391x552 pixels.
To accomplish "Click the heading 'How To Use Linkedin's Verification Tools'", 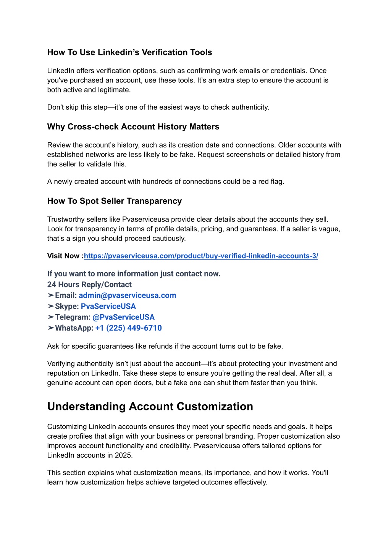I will click(129, 52).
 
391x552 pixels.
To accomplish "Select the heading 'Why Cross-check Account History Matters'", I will click(133, 127).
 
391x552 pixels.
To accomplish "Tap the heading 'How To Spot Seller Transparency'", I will click(114, 201).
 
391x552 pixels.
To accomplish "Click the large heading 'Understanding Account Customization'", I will click(150, 407).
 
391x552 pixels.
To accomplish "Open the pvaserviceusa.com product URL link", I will click(201, 256).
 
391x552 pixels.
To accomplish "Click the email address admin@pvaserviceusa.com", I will click(127, 295).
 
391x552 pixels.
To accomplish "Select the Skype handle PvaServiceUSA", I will click(108, 307).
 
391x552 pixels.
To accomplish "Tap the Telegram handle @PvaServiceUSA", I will click(123, 317).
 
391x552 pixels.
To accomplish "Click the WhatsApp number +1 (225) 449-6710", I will click(128, 328).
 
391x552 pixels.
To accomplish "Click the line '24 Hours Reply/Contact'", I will click(89, 285).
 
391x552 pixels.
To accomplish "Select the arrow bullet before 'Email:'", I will click(51, 295).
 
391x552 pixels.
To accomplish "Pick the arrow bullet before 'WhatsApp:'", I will click(51, 328).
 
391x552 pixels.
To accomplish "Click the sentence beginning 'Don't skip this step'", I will click(158, 107).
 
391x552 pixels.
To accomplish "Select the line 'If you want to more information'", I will click(134, 274).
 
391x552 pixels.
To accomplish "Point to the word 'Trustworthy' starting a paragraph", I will click(65, 220).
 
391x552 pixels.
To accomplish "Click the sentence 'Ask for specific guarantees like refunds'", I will click(165, 347).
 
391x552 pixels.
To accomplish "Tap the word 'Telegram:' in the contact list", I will click(73, 317).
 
